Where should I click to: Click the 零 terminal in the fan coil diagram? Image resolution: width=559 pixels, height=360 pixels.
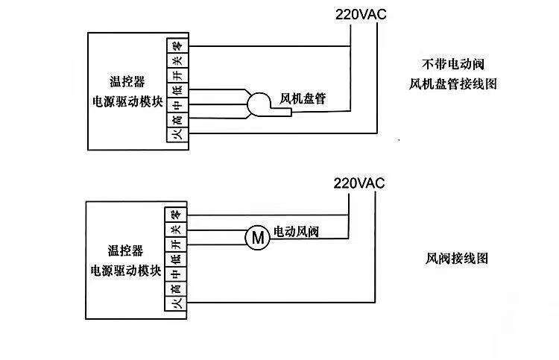coord(175,45)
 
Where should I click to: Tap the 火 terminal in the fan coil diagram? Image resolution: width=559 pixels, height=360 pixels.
coord(175,134)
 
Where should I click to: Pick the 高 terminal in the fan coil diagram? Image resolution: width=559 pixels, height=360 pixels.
coord(175,119)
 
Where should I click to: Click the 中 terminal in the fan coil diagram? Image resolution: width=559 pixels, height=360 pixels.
coord(175,104)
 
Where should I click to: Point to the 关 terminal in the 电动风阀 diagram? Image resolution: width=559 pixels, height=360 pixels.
coord(175,229)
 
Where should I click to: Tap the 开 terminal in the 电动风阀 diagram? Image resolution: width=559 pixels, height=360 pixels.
coord(175,244)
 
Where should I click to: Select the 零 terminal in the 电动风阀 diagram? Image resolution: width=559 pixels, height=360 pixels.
coord(175,214)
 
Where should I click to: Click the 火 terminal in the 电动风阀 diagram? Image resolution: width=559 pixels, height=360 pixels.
coord(175,303)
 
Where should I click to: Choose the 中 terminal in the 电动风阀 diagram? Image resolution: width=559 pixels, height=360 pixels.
coord(175,274)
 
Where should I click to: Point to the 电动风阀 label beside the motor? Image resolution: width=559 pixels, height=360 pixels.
coord(296,231)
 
